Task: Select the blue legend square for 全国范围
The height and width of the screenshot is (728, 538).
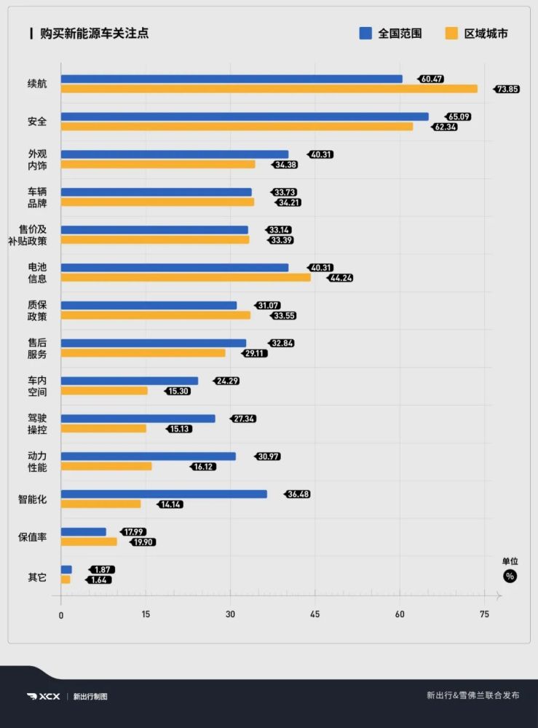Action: tap(365, 33)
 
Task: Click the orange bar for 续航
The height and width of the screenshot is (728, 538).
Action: tap(269, 89)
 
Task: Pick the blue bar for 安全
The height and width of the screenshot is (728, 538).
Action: tap(244, 116)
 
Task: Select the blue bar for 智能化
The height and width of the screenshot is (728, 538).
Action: tap(164, 494)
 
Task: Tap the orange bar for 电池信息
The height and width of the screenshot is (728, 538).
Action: tap(186, 277)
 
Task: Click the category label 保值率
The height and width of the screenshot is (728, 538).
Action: tap(32, 537)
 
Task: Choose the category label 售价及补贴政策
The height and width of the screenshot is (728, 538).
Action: tap(32, 235)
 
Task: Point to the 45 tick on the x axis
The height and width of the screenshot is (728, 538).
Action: tap(315, 614)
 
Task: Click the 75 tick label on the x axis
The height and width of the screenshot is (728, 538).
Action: tap(484, 614)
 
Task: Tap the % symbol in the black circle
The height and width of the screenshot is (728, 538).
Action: tap(510, 576)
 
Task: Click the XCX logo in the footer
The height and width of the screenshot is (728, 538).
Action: tap(44, 696)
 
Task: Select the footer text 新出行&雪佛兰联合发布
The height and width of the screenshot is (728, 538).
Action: tap(472, 695)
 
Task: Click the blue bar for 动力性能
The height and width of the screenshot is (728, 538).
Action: tap(148, 456)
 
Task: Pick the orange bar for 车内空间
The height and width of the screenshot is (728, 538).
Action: tap(104, 391)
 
